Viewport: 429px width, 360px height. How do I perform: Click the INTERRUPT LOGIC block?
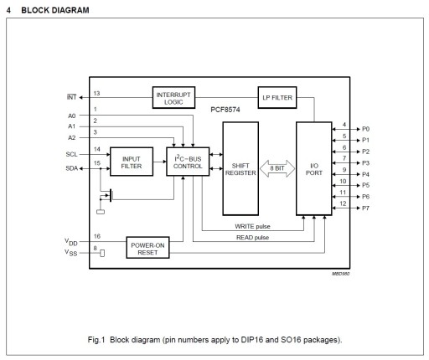click(173, 98)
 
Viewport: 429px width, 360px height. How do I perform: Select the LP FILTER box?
click(277, 98)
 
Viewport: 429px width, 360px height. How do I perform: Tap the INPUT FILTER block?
click(132, 162)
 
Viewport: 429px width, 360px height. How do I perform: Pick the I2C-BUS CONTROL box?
click(188, 162)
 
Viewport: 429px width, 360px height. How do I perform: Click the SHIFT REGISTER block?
click(240, 168)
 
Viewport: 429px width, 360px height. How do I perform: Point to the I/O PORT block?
click(314, 168)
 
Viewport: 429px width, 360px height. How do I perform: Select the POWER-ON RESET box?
click(147, 248)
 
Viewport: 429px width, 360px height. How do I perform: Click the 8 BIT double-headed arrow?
click(277, 168)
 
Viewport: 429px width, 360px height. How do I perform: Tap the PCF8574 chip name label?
click(225, 110)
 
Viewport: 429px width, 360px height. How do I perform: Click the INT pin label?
click(71, 97)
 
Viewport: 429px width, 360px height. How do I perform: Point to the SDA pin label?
click(71, 168)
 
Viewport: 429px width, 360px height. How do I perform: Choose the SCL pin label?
click(71, 154)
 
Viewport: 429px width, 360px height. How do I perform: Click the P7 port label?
click(365, 208)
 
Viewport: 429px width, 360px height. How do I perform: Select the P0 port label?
click(365, 129)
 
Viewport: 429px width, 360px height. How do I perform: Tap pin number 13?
click(96, 93)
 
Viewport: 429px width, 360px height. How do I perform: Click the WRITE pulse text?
click(252, 226)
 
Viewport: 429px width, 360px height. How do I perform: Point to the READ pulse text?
click(252, 238)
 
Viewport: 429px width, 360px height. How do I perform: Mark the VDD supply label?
click(71, 242)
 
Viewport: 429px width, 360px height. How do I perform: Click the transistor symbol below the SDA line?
click(106, 195)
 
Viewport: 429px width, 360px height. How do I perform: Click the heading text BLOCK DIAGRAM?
click(55, 10)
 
